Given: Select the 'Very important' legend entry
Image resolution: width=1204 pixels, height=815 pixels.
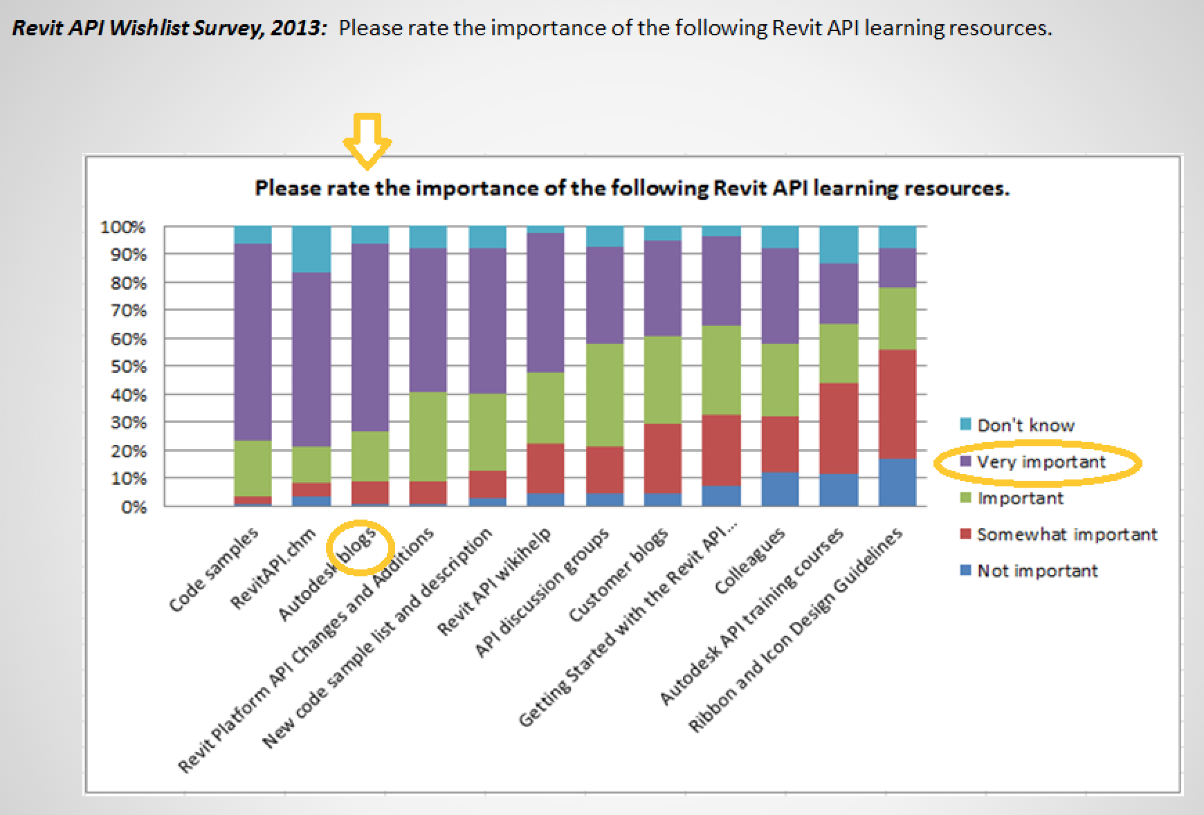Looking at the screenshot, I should [1041, 462].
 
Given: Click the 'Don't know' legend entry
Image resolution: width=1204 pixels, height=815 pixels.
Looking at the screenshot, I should [1025, 425].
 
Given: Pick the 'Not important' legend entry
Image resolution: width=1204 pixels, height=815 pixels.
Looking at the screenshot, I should [1037, 571].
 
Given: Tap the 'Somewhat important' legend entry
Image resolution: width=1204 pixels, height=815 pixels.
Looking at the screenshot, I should [1066, 535].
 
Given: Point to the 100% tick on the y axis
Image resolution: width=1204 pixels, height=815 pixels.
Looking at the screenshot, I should [123, 227].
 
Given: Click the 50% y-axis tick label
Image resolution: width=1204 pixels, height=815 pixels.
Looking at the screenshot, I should [129, 367].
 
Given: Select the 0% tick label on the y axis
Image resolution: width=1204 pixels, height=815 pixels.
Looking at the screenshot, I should [134, 507].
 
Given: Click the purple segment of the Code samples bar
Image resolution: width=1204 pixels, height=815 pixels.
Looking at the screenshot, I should [253, 342].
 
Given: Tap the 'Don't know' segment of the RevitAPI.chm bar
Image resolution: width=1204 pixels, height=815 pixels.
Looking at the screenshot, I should [311, 249].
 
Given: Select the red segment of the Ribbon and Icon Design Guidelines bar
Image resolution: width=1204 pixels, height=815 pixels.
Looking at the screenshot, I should [897, 404].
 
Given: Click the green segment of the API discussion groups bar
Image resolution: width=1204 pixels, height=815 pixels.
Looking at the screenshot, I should [605, 395].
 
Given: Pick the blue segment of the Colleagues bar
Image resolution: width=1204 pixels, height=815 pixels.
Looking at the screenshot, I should [780, 489].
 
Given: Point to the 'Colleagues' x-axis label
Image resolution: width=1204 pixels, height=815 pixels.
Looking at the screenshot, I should [750, 561].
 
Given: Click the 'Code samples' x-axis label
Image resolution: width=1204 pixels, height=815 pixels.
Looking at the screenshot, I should [214, 569].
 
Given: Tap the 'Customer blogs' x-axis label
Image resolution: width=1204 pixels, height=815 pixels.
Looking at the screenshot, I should [619, 574].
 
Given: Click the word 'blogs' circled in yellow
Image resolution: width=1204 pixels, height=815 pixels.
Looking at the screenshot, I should [358, 546].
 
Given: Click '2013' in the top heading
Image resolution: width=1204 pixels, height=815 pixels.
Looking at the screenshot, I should [297, 28].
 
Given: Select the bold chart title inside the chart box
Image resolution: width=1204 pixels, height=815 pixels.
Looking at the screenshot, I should [632, 188].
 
